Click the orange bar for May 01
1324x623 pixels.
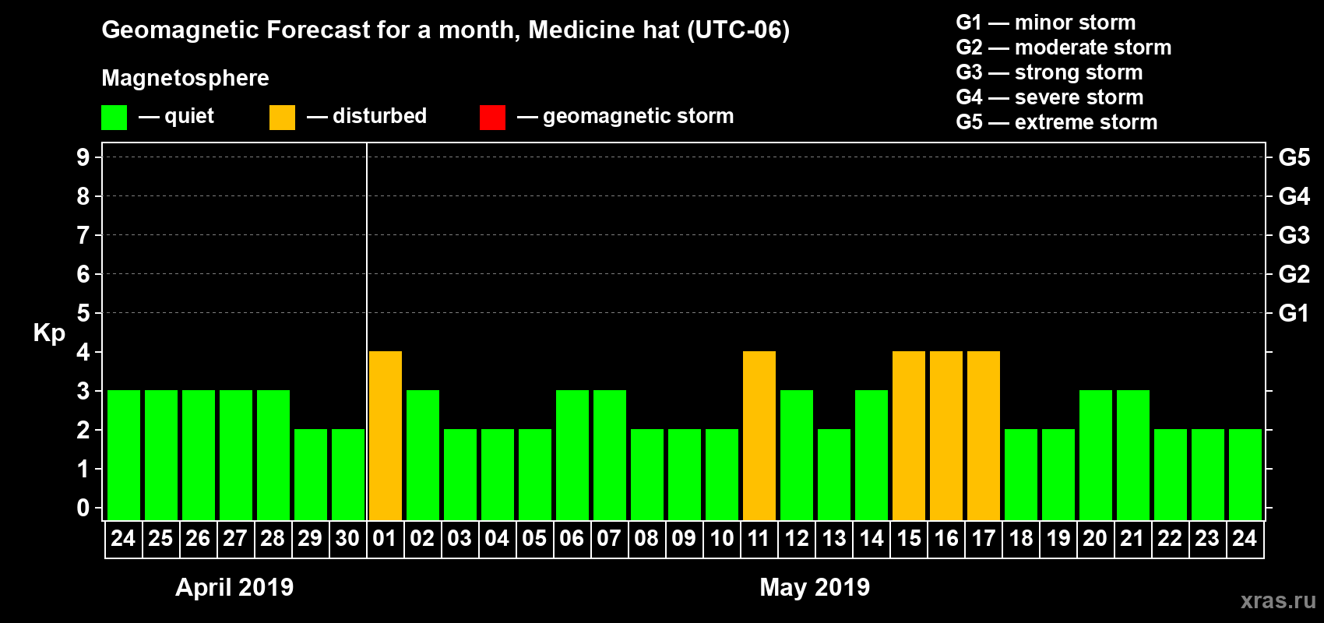pos(386,435)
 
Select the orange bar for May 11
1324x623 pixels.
pos(759,435)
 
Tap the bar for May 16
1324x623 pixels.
pos(946,435)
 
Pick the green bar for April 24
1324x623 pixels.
pos(124,455)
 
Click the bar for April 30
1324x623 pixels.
pos(348,474)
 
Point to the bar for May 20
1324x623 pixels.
pos(1096,455)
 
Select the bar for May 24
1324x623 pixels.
pos(1245,474)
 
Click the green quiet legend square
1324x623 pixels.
pos(114,118)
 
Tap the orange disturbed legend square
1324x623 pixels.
pos(283,118)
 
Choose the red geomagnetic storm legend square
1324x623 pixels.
pos(493,118)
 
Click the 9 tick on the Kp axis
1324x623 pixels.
pos(83,157)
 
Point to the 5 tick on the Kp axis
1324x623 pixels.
pos(83,313)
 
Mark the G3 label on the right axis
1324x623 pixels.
pos(1294,235)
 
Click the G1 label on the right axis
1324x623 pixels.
pos(1294,313)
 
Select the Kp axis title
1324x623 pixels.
pos(49,333)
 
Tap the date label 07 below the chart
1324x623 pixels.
pos(609,538)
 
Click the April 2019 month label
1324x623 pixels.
pos(234,587)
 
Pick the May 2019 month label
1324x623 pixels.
pos(815,587)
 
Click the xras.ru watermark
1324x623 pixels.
pos(1278,600)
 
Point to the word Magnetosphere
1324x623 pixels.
pos(185,78)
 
